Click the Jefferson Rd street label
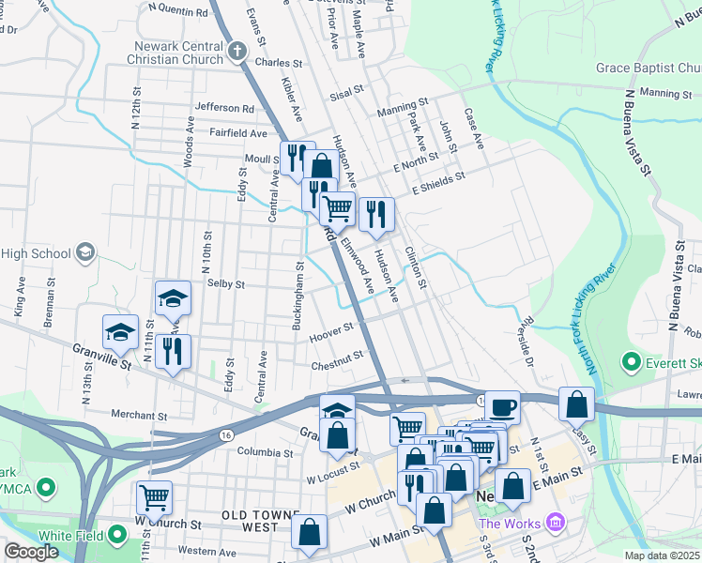(x=224, y=108)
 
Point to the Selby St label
(x=225, y=283)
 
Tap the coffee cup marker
(x=502, y=407)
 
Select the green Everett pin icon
(x=631, y=361)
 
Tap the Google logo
(x=31, y=552)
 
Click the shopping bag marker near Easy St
(x=576, y=404)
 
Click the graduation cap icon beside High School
(x=85, y=252)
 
